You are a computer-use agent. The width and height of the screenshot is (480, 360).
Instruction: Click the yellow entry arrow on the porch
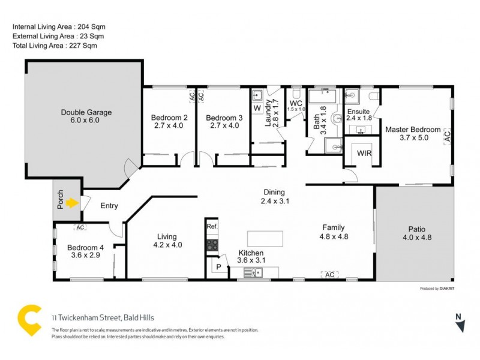pos(73,203)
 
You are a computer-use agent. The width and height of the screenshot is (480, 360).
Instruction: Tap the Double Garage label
pos(86,112)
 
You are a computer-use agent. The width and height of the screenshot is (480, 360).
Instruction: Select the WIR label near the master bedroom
pos(364,153)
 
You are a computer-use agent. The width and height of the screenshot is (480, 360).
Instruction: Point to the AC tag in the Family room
pos(329,274)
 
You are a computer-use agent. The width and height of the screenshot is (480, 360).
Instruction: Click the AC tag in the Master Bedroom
pos(446,137)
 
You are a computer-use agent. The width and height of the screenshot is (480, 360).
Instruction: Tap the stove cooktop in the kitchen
pos(212,244)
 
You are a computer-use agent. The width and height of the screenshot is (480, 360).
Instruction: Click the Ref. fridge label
pos(211,226)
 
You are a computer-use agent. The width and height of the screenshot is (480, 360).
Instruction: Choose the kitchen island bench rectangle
pos(265,238)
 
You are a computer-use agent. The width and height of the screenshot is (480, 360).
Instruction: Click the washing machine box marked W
pos(257,108)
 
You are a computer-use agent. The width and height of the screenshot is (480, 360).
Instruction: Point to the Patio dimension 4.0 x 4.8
pos(416,237)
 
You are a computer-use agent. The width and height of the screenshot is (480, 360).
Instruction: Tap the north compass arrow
pos(460,325)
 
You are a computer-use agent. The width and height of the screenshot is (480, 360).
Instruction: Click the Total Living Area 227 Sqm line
pos(55,46)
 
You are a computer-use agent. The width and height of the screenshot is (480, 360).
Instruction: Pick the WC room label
pos(296,103)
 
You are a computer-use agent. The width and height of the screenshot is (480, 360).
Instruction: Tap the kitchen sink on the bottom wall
pos(254,274)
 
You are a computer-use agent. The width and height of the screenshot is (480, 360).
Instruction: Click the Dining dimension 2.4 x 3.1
pos(275,201)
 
